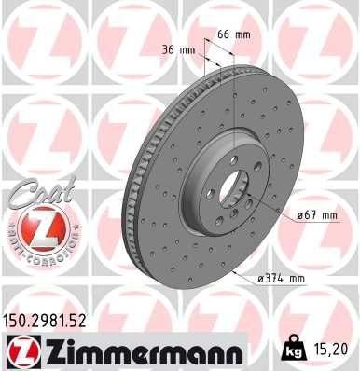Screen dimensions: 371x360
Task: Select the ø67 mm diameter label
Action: (316, 215)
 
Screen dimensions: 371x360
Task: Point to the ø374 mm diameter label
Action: (283, 277)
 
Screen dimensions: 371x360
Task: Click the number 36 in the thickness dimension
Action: (171, 48)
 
